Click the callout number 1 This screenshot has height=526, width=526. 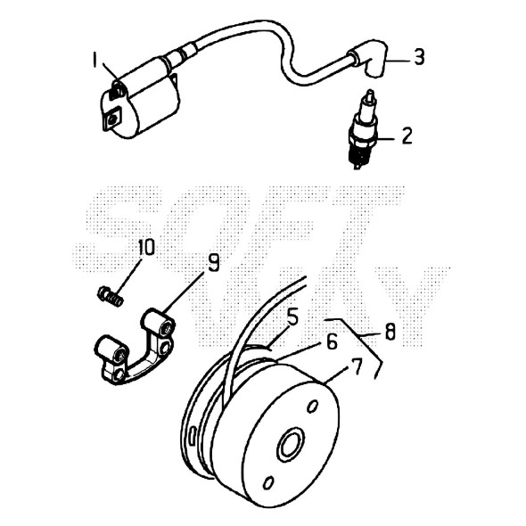point(95,61)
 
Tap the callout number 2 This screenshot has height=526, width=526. point(407,136)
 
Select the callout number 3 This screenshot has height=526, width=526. point(419,57)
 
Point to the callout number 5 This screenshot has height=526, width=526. point(292,317)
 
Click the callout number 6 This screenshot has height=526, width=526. point(332,342)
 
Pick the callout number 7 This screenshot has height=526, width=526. point(357,366)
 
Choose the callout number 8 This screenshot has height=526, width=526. point(390,333)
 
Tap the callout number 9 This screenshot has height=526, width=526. point(213,262)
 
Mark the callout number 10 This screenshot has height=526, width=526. point(146,247)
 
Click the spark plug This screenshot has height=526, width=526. point(362,129)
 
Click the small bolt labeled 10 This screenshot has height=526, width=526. point(110,295)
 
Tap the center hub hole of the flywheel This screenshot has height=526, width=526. point(291,444)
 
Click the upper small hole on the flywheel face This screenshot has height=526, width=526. point(313,407)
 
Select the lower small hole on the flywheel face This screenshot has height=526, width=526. point(268,483)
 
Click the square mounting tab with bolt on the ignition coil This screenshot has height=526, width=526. point(112,119)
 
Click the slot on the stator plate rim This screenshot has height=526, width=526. point(192,437)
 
